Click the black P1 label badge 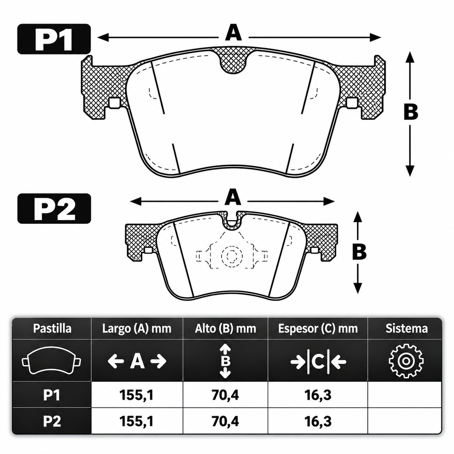point(54,39)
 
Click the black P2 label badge point(54,208)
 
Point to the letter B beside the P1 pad point(410,112)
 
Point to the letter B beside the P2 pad point(359,252)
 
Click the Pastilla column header point(52,329)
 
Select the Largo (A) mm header point(137,329)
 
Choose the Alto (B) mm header point(225,329)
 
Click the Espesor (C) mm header point(318,329)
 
